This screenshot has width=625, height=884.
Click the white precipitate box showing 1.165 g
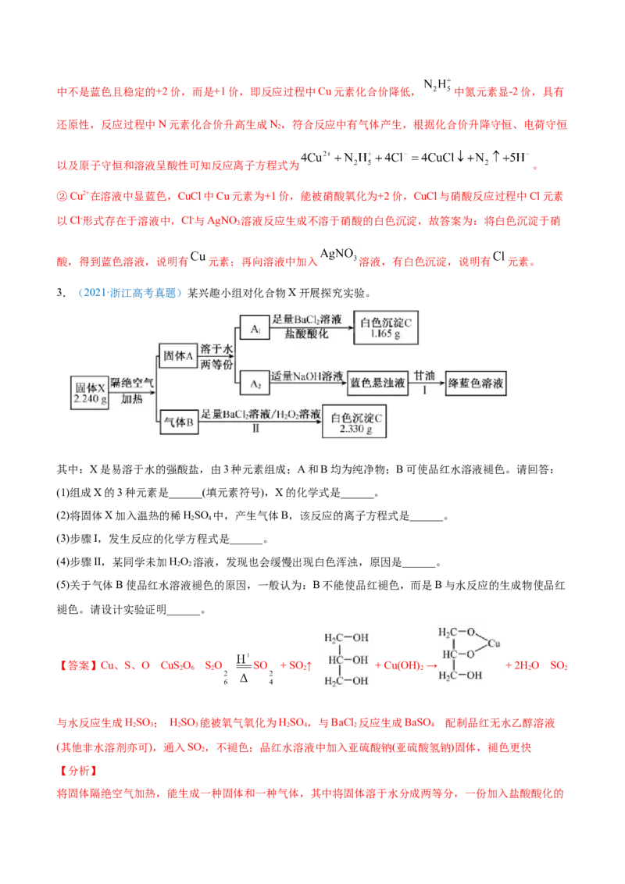(385, 329)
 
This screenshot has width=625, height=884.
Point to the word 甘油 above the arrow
(425, 376)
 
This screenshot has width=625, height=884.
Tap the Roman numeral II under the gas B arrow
(255, 429)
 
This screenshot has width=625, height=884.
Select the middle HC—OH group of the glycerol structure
(348, 660)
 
